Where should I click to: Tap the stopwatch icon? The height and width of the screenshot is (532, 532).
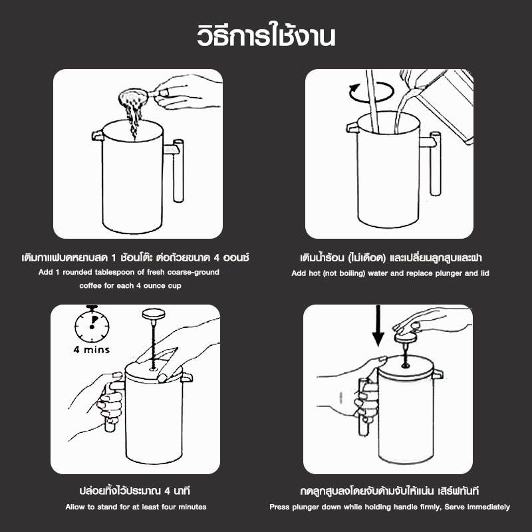pyautogui.click(x=92, y=324)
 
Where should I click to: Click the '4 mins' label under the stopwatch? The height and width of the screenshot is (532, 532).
pyautogui.click(x=92, y=350)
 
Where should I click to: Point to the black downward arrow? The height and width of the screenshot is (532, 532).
pyautogui.click(x=378, y=326)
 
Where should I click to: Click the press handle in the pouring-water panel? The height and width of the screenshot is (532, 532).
pyautogui.click(x=433, y=164)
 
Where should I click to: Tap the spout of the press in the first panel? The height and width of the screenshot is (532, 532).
pyautogui.click(x=97, y=135)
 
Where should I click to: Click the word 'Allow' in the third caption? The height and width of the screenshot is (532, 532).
pyautogui.click(x=75, y=507)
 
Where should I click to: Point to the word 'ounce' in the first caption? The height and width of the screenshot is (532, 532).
pyautogui.click(x=154, y=286)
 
